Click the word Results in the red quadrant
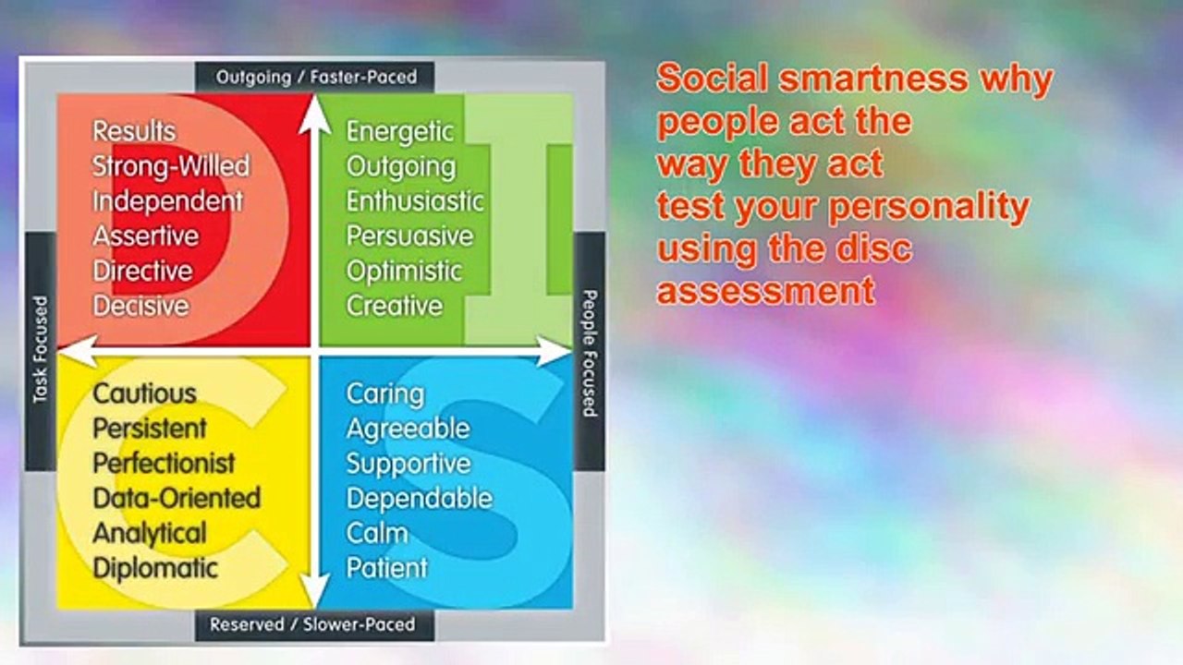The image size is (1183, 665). pos(134,131)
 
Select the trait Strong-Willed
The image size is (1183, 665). pos(171,165)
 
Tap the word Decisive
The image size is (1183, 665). pos(141,306)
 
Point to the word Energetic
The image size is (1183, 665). pos(400,132)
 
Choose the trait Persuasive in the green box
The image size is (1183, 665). pos(409,236)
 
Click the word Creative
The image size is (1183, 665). pos(395,306)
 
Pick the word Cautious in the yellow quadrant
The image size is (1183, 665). pos(145,393)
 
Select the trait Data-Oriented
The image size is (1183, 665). pos(177,498)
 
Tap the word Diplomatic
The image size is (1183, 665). pos(155,569)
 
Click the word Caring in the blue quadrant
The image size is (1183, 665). pos(385,394)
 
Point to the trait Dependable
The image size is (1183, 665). pos(420,499)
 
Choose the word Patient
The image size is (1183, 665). pos(386,568)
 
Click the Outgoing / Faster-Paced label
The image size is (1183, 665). pos(316,77)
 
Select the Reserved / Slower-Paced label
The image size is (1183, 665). pos(312,624)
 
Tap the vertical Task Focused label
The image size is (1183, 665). pos(41,349)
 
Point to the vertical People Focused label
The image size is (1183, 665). pos(590,353)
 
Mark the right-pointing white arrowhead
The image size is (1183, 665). pos(553,352)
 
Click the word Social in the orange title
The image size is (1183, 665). pos(713,79)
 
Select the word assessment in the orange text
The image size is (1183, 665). pos(766,291)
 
